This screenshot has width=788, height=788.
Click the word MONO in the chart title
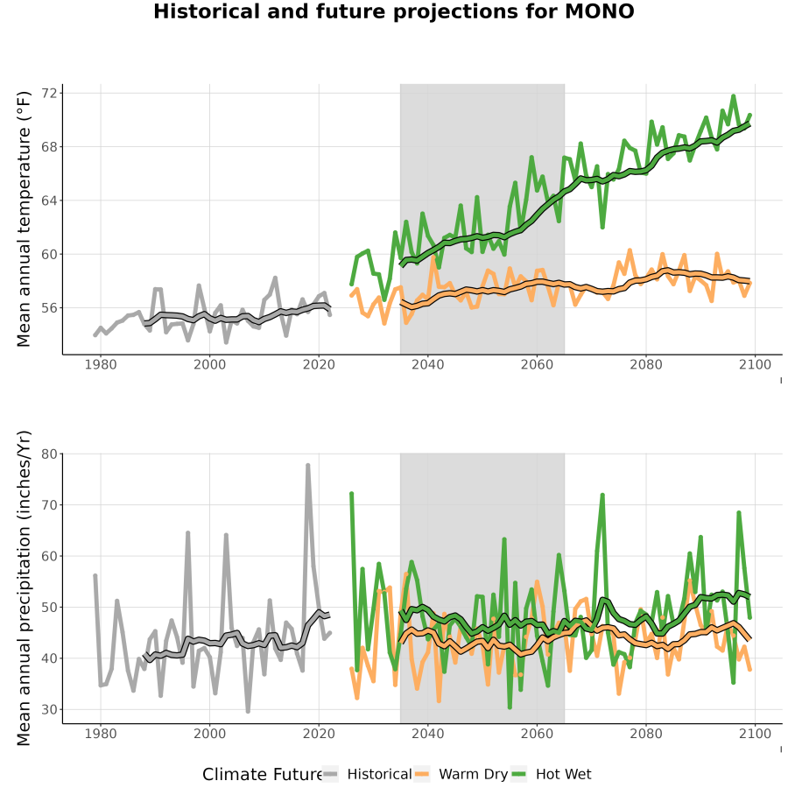tap(600, 11)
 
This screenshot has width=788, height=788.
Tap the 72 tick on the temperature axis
tap(52, 93)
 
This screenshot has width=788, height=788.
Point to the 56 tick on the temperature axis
tap(52, 307)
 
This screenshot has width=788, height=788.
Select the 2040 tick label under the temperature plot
tap(427, 364)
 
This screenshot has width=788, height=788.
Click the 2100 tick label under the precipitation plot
tap(755, 734)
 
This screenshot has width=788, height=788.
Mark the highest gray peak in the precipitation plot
tap(307, 466)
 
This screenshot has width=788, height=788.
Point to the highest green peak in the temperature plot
tap(733, 95)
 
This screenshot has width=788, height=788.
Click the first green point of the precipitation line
tap(352, 494)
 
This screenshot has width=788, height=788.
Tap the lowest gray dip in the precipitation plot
tap(248, 711)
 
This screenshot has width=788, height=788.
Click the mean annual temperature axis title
tap(24, 219)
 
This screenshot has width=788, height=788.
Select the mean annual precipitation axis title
tap(24, 588)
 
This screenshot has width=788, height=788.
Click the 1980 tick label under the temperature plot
tap(101, 364)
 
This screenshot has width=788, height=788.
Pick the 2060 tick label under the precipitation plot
tap(537, 734)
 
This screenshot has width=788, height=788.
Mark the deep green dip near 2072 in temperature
tap(602, 227)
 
